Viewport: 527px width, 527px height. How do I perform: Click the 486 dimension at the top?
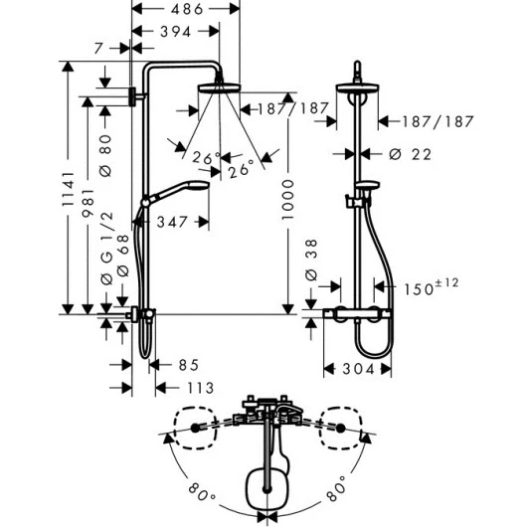click(187, 9)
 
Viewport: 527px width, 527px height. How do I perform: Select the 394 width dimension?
click(176, 32)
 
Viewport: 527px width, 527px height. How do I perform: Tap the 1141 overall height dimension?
click(68, 189)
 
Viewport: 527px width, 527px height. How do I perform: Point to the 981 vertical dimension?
click(88, 203)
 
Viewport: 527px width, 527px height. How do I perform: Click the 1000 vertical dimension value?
click(287, 200)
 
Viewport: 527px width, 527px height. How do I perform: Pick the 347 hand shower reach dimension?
click(172, 222)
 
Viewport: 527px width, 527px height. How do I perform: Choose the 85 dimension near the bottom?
click(189, 365)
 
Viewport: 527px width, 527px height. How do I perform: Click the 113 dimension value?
click(200, 388)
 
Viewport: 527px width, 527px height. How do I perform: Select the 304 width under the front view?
click(358, 369)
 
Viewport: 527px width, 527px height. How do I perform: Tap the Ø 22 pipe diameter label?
click(410, 154)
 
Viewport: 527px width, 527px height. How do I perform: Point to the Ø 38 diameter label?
click(311, 260)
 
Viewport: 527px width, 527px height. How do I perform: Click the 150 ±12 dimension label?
click(431, 287)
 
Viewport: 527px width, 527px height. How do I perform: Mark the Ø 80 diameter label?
click(105, 155)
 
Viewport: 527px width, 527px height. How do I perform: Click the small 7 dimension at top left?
click(98, 49)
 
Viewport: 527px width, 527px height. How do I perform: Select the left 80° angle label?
click(202, 492)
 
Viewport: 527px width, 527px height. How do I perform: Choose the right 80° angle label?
click(336, 488)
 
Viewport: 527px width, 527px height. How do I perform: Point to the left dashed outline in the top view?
click(195, 428)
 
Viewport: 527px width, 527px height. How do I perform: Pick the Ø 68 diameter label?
click(122, 256)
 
